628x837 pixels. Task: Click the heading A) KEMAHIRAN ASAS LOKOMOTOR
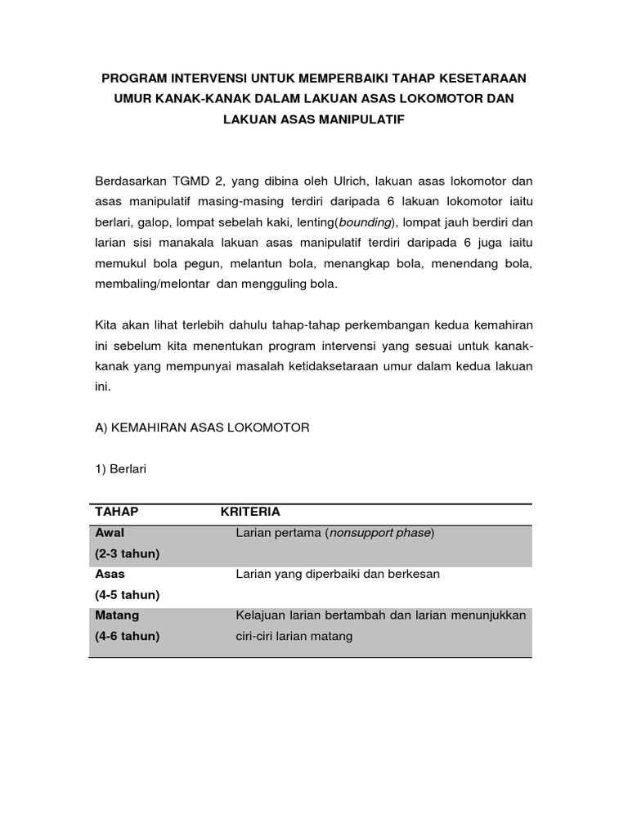click(x=203, y=427)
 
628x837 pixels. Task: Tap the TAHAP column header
click(x=117, y=512)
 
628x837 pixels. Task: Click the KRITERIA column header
click(x=250, y=512)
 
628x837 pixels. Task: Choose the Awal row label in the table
click(x=110, y=533)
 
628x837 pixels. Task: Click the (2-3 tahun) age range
click(x=128, y=553)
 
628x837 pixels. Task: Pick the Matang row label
click(x=118, y=615)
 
